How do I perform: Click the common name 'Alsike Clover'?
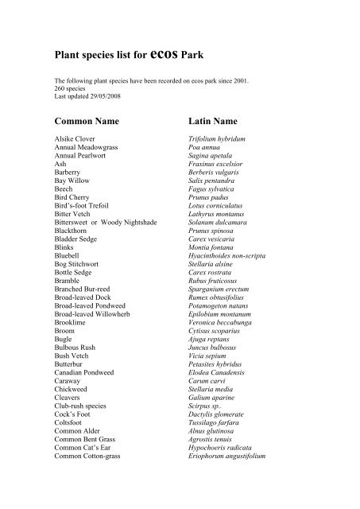pyautogui.click(x=73, y=140)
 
